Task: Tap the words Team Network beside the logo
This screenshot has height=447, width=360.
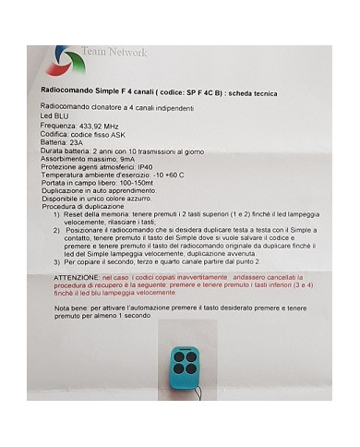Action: click(x=114, y=52)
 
